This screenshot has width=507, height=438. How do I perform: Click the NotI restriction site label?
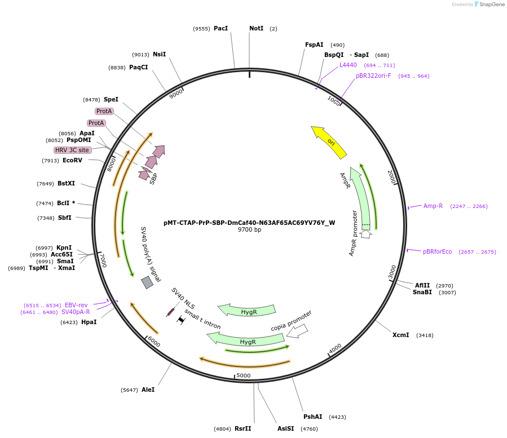pyautogui.click(x=256, y=28)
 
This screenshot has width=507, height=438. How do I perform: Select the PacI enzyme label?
pyautogui.click(x=221, y=28)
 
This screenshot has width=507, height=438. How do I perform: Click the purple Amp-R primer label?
pyautogui.click(x=433, y=206)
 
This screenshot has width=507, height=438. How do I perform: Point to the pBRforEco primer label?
pyautogui.click(x=437, y=251)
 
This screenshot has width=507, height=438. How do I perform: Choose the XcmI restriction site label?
pyautogui.click(x=400, y=335)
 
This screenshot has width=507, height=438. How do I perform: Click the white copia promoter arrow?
pyautogui.click(x=297, y=331)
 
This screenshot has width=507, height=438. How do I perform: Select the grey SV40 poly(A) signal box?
pyautogui.click(x=147, y=282)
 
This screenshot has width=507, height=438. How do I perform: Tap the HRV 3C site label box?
pyautogui.click(x=72, y=150)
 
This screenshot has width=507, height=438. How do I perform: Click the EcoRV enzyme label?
pyautogui.click(x=72, y=160)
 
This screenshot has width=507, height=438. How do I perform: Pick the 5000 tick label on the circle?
pyautogui.click(x=243, y=375)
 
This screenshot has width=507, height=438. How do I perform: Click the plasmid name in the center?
pyautogui.click(x=249, y=223)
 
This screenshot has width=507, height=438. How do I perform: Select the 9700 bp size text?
pyautogui.click(x=249, y=230)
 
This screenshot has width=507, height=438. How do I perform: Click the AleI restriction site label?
pyautogui.click(x=148, y=390)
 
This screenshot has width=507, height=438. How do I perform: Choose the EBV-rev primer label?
pyautogui.click(x=76, y=305)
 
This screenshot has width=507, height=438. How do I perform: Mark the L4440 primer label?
pyautogui.click(x=348, y=65)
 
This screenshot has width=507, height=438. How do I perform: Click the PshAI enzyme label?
pyautogui.click(x=312, y=417)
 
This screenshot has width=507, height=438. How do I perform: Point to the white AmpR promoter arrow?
pyautogui.click(x=365, y=233)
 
